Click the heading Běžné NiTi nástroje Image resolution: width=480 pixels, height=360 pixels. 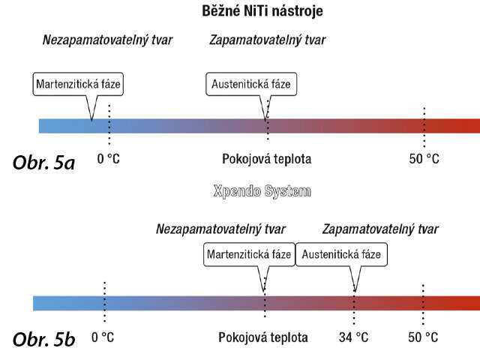262,12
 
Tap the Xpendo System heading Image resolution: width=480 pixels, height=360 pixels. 262,192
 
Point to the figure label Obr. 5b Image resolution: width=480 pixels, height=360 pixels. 44,340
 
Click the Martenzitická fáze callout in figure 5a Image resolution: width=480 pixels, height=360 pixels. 78,84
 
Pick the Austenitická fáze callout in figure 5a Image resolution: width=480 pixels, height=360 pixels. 251,84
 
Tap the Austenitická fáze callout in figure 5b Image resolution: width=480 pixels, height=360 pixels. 341,255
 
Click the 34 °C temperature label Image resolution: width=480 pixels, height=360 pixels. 354,337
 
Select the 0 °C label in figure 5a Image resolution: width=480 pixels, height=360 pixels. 109,159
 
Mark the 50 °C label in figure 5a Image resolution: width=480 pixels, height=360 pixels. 424,159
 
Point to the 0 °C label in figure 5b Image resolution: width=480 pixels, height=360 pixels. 103,337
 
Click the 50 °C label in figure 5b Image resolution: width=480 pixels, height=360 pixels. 424,337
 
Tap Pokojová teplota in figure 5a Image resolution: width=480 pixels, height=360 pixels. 266,159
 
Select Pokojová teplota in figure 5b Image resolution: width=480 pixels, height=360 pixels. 263,337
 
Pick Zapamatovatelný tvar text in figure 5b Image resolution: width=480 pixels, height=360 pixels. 380,229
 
